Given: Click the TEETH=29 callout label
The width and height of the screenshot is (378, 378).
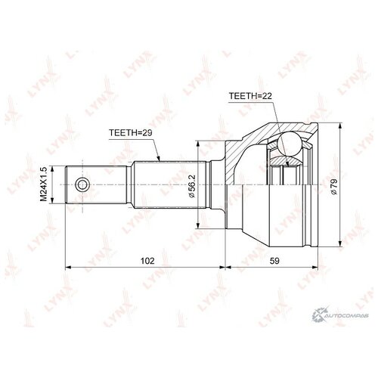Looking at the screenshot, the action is coord(131,132).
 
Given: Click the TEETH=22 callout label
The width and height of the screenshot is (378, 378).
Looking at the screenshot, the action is coord(250,96).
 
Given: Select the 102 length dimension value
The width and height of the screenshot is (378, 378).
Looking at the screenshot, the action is coord(147,261).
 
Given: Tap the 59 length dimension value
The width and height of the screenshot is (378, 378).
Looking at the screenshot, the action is coord(274,261).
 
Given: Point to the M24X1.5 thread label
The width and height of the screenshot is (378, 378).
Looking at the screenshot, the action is coord(44,184).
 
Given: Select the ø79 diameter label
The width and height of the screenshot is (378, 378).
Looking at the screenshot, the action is coord(334,187).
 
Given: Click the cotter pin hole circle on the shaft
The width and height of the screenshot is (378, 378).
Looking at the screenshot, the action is coord(82,184).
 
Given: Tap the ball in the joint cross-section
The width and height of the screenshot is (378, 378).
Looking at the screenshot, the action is coord(290,144).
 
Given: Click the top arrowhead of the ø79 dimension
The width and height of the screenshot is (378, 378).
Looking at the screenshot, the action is coord(340,126).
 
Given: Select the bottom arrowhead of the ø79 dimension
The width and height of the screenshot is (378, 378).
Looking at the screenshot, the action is coord(340,243).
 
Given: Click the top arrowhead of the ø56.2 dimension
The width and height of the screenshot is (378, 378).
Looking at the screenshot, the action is coord(198,144).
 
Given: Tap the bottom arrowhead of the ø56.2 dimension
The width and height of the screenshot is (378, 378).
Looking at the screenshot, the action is coord(198,225).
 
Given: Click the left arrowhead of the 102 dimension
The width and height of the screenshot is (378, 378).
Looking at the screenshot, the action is coord(69,267).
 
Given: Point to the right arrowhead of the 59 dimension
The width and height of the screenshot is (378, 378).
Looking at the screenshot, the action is coord(314,267).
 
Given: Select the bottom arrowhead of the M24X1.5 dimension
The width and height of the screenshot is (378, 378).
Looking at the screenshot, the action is coord(52,200).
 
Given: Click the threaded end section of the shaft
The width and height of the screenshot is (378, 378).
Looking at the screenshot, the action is coord(96,184).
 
